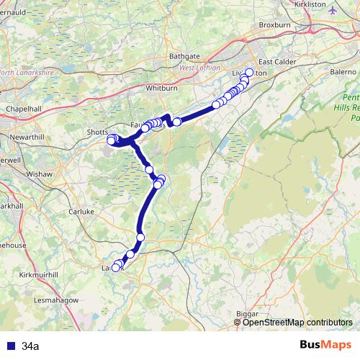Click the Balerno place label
click(x=342, y=73)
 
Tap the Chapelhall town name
click(x=22, y=108)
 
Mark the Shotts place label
click(x=96, y=132)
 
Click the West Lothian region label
click(x=199, y=68)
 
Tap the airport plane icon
click(x=331, y=11)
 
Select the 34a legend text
click(x=30, y=346)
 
